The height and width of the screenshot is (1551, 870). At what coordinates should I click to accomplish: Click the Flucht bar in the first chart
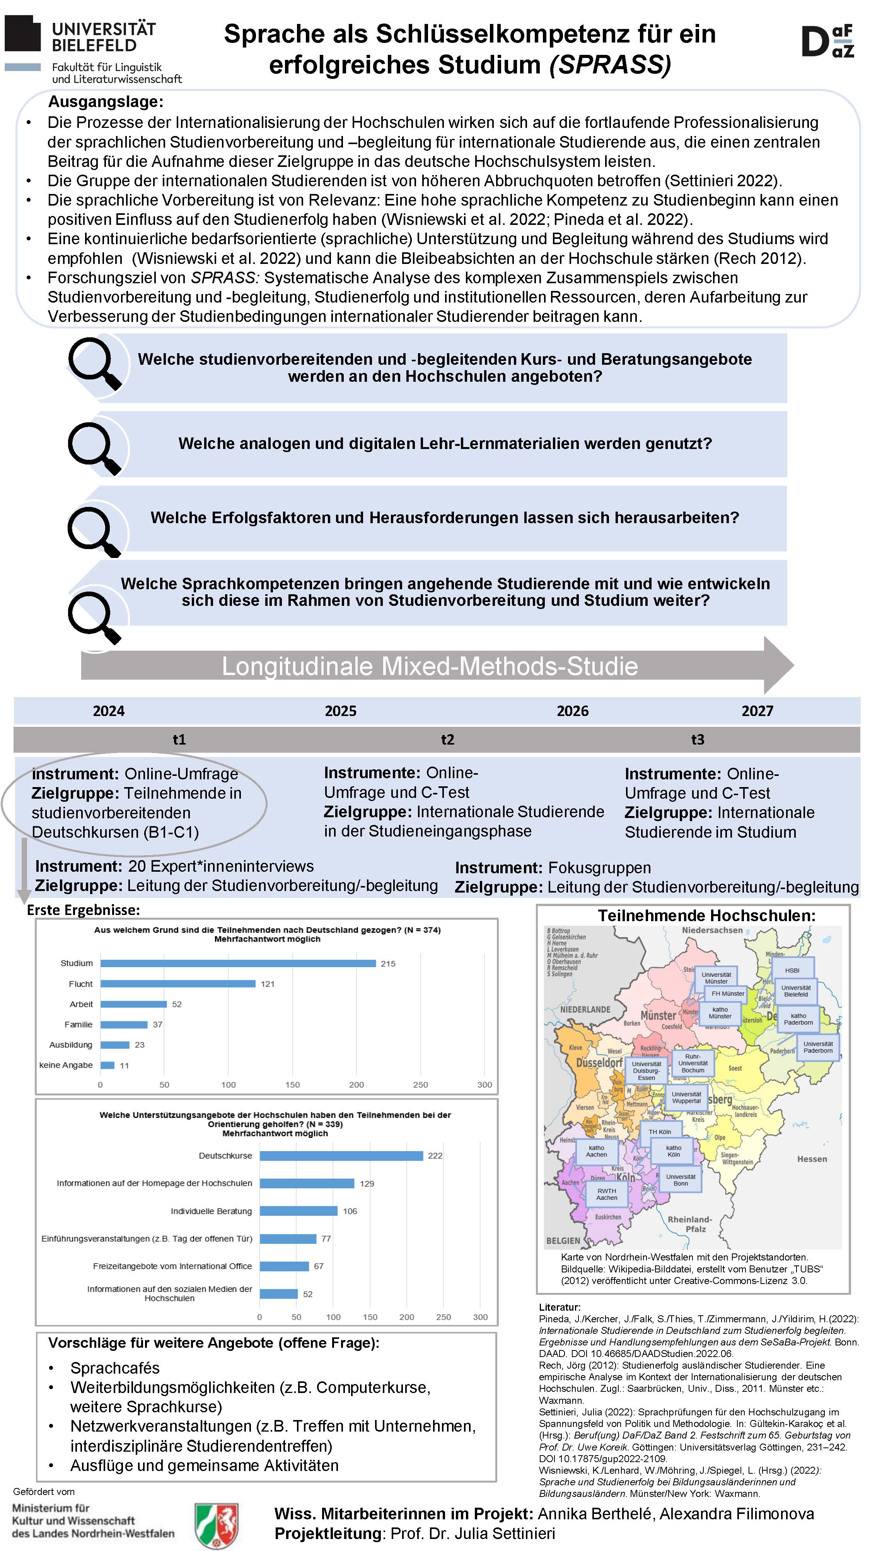click(178, 984)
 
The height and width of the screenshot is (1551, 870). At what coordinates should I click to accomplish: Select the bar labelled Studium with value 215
click(238, 963)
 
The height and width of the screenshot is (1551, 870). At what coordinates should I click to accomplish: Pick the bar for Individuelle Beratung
click(298, 1211)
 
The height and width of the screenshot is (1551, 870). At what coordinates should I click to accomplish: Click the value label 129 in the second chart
click(367, 1184)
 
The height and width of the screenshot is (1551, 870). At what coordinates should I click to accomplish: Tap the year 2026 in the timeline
click(572, 711)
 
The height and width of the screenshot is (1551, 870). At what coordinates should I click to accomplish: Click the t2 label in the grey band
click(447, 740)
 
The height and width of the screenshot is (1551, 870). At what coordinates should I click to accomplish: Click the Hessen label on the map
click(812, 1159)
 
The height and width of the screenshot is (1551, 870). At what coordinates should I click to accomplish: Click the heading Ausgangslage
click(106, 102)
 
